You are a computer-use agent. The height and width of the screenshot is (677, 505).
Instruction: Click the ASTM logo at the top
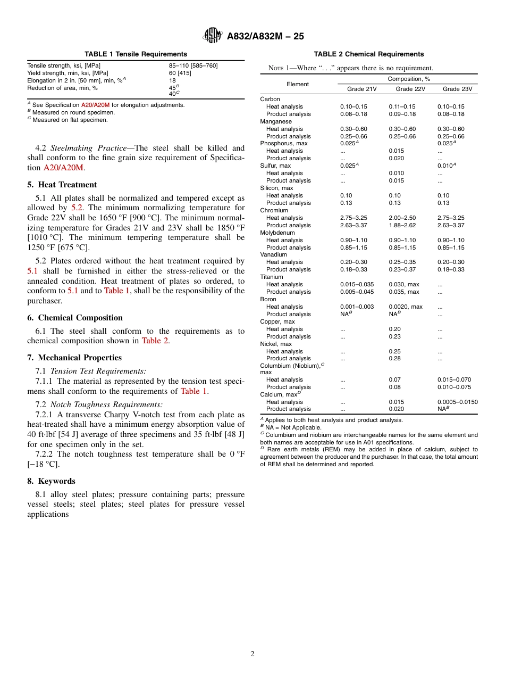213,36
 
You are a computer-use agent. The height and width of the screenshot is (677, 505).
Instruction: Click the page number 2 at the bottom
252,654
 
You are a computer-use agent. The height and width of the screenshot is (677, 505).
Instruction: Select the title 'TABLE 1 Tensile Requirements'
136,54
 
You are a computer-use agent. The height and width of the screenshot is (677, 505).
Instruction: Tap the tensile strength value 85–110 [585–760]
193,65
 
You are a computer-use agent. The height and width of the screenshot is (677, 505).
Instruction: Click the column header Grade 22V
410,89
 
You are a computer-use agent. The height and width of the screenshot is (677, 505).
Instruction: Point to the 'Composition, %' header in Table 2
409,79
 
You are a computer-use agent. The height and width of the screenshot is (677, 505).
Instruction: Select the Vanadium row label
273,255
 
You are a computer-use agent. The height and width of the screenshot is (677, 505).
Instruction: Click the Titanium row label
272,277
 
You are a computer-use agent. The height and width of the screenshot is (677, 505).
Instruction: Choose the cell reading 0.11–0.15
402,106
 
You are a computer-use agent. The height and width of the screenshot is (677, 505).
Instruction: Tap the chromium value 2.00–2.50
402,218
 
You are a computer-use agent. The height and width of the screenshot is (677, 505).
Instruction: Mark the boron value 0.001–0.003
357,307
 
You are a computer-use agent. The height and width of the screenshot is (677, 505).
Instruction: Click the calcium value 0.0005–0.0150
457,402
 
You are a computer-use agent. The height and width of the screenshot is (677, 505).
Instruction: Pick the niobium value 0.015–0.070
454,379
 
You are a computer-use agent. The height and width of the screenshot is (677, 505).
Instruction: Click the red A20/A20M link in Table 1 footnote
95,105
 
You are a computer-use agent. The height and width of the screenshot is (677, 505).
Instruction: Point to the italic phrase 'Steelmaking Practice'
84,148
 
